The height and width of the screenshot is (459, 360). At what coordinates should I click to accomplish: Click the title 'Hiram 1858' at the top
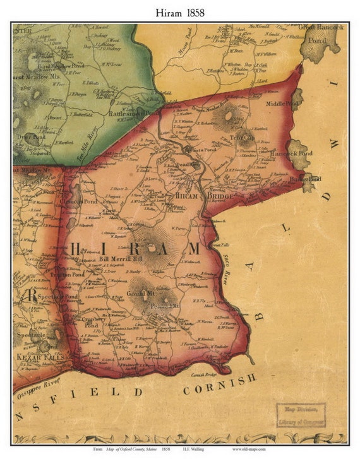click(x=179, y=11)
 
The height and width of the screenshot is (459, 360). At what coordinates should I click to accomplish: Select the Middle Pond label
click(x=281, y=103)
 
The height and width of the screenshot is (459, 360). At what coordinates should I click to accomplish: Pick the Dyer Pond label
click(x=28, y=135)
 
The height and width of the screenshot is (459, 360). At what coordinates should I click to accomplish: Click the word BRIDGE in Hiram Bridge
click(x=220, y=197)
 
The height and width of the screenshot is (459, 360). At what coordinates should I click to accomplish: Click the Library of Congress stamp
click(x=301, y=415)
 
